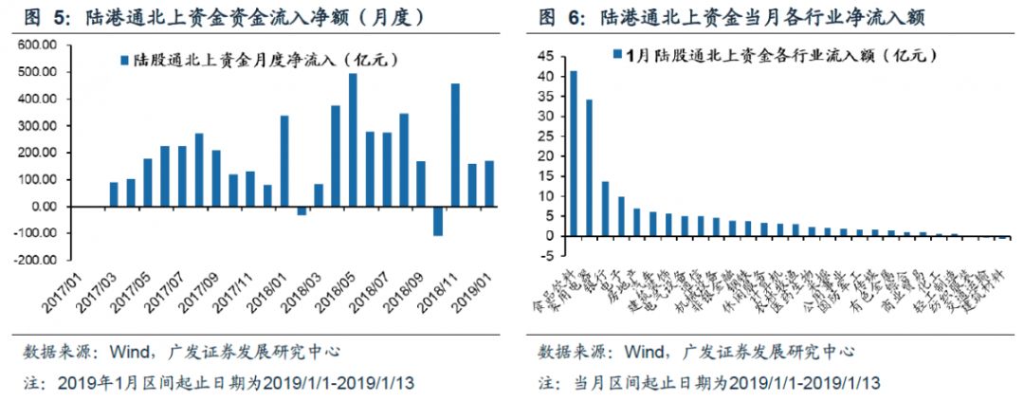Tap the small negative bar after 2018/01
click(x=302, y=210)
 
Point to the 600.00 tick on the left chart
click(x=37, y=46)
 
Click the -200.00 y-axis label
click(x=35, y=259)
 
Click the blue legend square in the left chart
click(x=124, y=61)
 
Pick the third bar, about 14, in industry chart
click(x=605, y=209)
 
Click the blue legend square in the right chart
click(x=618, y=54)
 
